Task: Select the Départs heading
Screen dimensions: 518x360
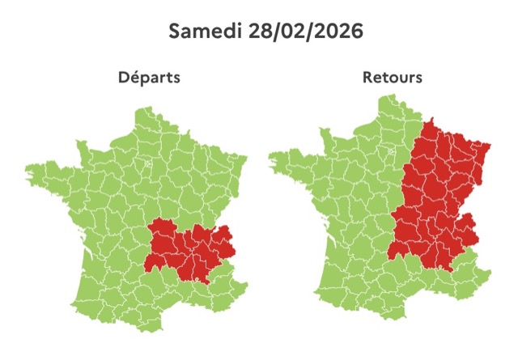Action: click(149, 78)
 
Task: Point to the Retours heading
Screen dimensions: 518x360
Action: click(393, 78)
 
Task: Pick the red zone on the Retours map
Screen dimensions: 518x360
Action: click(437, 202)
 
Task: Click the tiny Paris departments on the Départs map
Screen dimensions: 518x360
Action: click(148, 167)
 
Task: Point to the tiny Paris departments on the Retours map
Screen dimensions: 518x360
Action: click(392, 151)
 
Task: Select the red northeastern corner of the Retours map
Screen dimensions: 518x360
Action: click(484, 150)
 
